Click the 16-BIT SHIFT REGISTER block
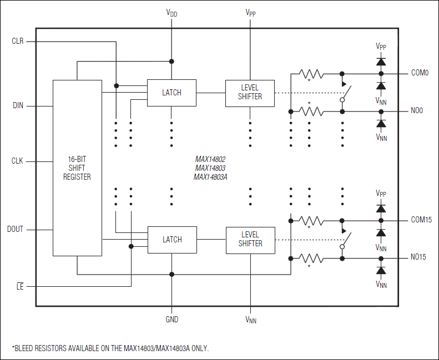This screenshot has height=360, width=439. click(77, 168)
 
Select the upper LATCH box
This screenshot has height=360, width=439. click(171, 93)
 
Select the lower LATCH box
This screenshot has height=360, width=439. click(172, 240)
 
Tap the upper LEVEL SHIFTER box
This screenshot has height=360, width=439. click(250, 93)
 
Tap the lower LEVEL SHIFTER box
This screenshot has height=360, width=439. click(250, 240)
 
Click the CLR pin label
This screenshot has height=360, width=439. click(17, 42)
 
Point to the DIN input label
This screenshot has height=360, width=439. click(17, 105)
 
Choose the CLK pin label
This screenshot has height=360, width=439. click(17, 161)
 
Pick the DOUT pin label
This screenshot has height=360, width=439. click(16, 229)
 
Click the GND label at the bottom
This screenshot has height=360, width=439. click(171, 320)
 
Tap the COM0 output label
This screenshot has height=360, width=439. click(420, 73)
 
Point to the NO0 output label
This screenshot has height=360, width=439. click(417, 111)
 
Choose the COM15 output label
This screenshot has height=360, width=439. click(421, 220)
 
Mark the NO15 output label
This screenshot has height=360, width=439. click(418, 257)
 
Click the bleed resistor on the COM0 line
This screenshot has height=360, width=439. click(311, 73)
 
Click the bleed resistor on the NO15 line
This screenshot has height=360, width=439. click(311, 257)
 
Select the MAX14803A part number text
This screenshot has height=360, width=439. click(211, 177)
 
